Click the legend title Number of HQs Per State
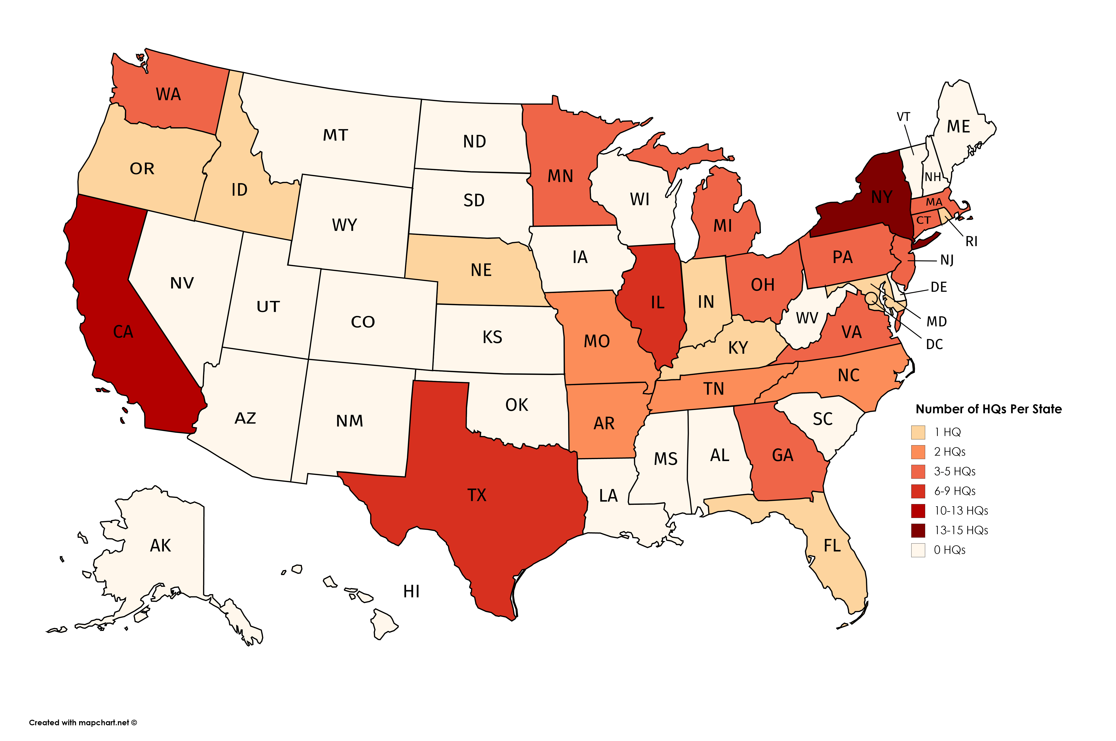[x=988, y=409]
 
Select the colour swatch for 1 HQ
[x=918, y=432]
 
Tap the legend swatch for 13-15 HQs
[x=918, y=531]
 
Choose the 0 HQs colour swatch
[x=918, y=550]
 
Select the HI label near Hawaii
[x=411, y=592]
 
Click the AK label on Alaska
[x=160, y=546]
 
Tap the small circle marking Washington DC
[x=870, y=298]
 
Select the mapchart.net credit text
[x=83, y=723]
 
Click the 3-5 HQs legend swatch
[x=918, y=472]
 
